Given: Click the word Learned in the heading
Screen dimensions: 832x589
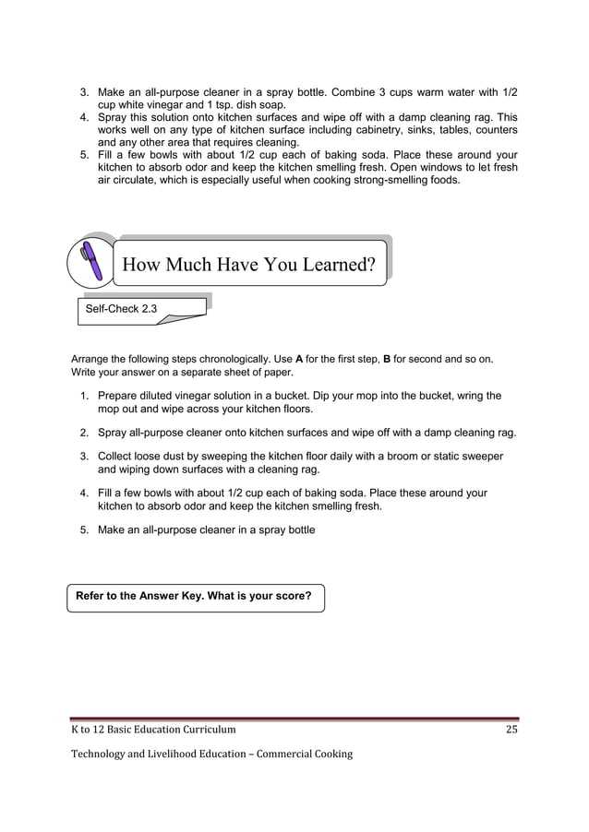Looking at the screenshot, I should click(324, 266).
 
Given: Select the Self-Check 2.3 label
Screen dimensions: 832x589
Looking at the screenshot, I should click(121, 309).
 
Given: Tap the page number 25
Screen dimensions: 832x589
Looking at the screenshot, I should click(511, 731).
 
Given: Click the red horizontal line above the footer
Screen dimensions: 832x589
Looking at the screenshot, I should click(294, 717).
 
